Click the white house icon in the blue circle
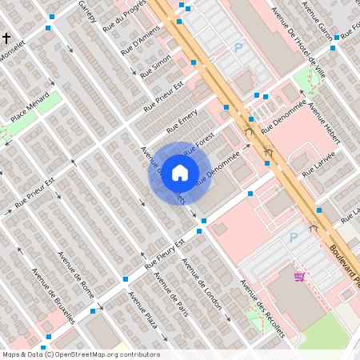(180, 173)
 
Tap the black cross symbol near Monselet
(6, 38)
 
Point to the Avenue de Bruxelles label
(54, 295)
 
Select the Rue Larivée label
(318, 163)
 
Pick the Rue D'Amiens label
(140, 42)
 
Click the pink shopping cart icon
(298, 277)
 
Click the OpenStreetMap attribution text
(80, 354)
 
